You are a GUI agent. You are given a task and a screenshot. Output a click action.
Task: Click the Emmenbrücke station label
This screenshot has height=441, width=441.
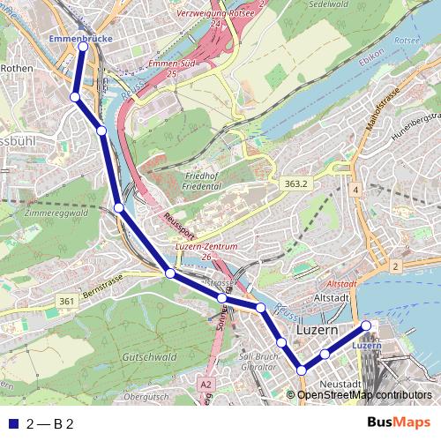tap(80, 40)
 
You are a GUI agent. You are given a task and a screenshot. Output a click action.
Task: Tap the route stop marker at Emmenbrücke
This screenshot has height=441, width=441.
tap(82, 49)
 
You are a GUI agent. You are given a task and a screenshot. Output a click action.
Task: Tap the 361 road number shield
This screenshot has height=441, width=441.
tap(66, 302)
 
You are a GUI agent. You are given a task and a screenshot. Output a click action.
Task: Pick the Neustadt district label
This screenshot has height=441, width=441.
tap(340, 385)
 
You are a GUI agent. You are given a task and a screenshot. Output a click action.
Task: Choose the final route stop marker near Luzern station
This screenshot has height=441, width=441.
tap(367, 327)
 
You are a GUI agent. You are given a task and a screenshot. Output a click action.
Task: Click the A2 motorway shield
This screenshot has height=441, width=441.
tap(206, 385)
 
